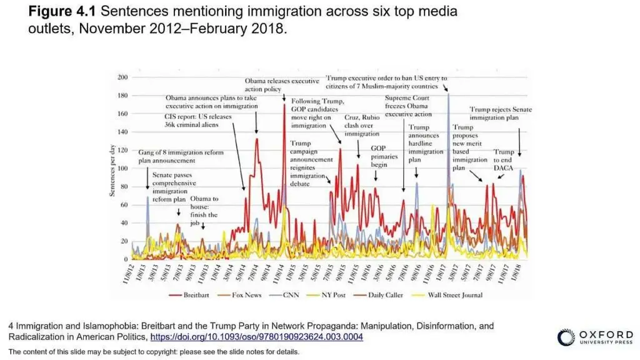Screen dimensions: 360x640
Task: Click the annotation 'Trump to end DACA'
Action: point(504,161)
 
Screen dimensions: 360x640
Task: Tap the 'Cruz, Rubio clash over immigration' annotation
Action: point(362,126)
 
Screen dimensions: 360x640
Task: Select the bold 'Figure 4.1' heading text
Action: point(61,12)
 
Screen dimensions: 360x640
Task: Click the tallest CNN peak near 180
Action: point(448,94)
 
